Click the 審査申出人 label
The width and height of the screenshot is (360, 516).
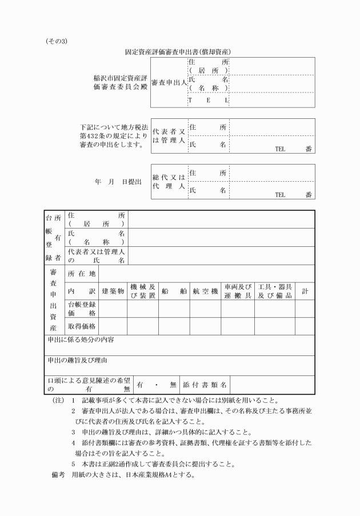click(169, 83)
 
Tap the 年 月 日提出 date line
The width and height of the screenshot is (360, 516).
click(118, 182)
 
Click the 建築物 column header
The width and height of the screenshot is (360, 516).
click(113, 291)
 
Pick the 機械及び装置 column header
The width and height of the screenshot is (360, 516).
click(142, 291)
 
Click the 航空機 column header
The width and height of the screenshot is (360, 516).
click(206, 291)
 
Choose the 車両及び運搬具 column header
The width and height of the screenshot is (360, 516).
click(238, 291)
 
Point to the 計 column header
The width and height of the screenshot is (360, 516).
click(305, 291)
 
